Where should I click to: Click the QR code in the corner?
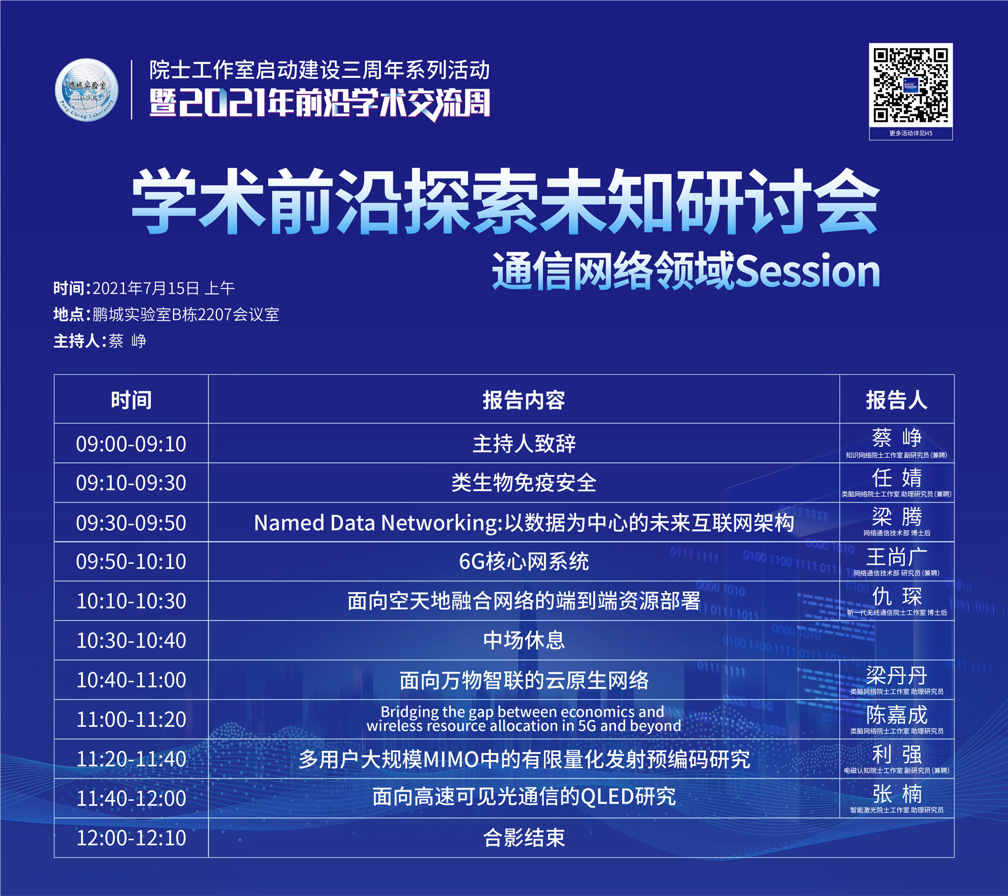click(911, 85)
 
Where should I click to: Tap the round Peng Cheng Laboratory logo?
click(87, 90)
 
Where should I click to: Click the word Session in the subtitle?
click(807, 271)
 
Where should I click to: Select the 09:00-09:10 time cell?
click(131, 443)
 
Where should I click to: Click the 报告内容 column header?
click(524, 400)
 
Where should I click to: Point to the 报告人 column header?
click(897, 400)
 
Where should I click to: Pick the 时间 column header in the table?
click(131, 400)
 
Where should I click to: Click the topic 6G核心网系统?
click(524, 561)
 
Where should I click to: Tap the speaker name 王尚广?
click(897, 557)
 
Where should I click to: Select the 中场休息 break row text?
click(524, 640)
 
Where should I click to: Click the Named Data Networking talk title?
click(524, 523)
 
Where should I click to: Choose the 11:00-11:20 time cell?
click(131, 719)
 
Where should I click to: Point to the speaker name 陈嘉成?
click(897, 715)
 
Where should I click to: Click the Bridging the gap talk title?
click(524, 719)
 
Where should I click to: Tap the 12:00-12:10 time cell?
click(131, 838)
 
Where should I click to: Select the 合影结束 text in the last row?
click(524, 838)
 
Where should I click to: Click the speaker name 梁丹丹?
click(897, 675)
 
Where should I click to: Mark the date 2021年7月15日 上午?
click(164, 288)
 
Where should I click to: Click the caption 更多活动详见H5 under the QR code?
click(911, 133)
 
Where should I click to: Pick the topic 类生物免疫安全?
click(524, 483)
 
